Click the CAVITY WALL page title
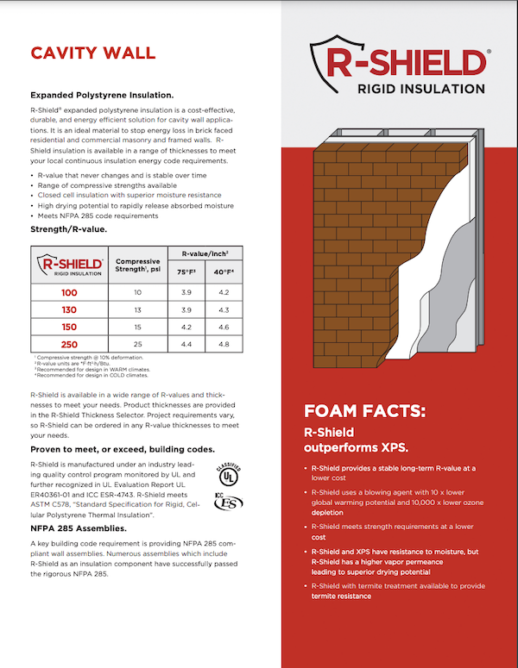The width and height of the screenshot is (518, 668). coord(93,53)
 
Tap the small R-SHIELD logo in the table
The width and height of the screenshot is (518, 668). coord(68,266)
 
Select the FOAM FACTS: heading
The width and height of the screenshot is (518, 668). coord(364,411)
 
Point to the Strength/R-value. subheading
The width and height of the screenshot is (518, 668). coord(68,229)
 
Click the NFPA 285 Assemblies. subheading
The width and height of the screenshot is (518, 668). coord(79,528)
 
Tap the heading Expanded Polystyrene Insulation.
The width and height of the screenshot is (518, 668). coord(102,95)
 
